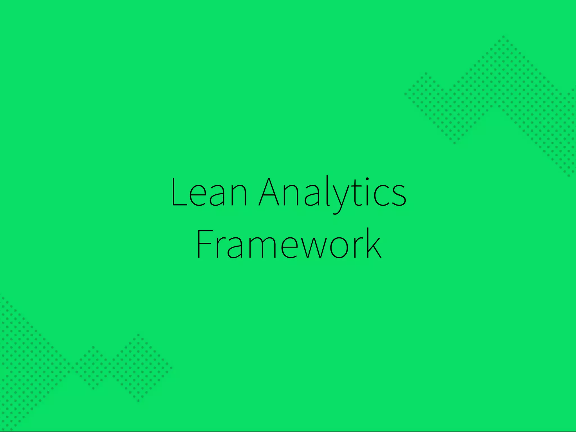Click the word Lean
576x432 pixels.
click(x=209, y=192)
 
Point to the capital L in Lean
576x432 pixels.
click(x=178, y=192)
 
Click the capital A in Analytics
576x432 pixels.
click(x=269, y=192)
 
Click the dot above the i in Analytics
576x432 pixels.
click(x=367, y=179)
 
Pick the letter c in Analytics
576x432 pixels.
click(x=381, y=196)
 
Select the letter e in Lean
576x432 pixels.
click(x=197, y=196)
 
